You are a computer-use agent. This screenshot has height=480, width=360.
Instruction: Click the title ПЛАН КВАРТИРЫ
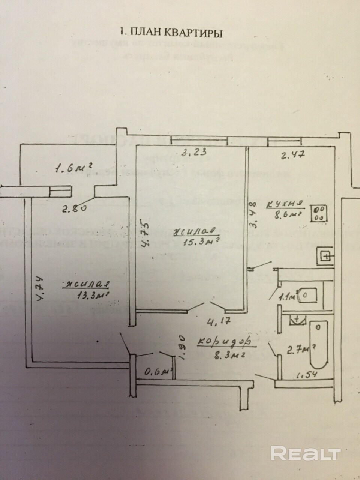[170, 33]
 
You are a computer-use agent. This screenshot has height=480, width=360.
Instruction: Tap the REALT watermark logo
[306, 453]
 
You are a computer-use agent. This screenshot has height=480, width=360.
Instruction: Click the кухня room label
[284, 204]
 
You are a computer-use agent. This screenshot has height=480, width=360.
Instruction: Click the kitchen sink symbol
[325, 256]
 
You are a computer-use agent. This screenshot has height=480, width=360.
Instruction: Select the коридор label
[223, 342]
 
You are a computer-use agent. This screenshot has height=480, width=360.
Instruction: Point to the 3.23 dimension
[191, 153]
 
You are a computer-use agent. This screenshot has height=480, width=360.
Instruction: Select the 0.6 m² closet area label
[157, 372]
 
